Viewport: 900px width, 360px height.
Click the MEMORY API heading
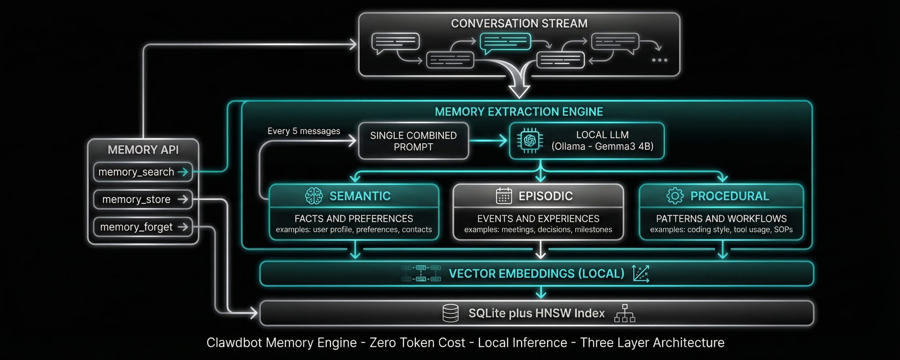click(x=143, y=150)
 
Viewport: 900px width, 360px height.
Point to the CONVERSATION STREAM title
click(x=519, y=23)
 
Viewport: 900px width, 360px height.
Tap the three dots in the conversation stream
click(x=660, y=60)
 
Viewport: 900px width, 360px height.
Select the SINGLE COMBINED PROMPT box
click(x=413, y=141)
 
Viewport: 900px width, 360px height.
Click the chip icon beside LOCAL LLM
click(x=530, y=141)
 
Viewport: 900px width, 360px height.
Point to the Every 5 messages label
click(x=304, y=131)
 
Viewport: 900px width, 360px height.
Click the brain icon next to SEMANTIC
click(x=314, y=196)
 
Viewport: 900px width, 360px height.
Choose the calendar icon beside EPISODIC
click(x=504, y=196)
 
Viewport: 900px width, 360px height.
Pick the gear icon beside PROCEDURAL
click(x=675, y=196)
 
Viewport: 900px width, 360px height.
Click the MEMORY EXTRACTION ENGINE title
click(x=519, y=112)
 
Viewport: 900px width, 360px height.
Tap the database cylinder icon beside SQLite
click(x=450, y=313)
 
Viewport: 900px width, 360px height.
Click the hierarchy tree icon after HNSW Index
click(x=624, y=313)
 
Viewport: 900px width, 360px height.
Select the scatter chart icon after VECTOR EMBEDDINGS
click(x=641, y=273)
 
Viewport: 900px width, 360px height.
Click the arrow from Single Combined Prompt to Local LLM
click(x=488, y=141)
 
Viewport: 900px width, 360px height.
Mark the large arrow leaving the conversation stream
click(x=519, y=86)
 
